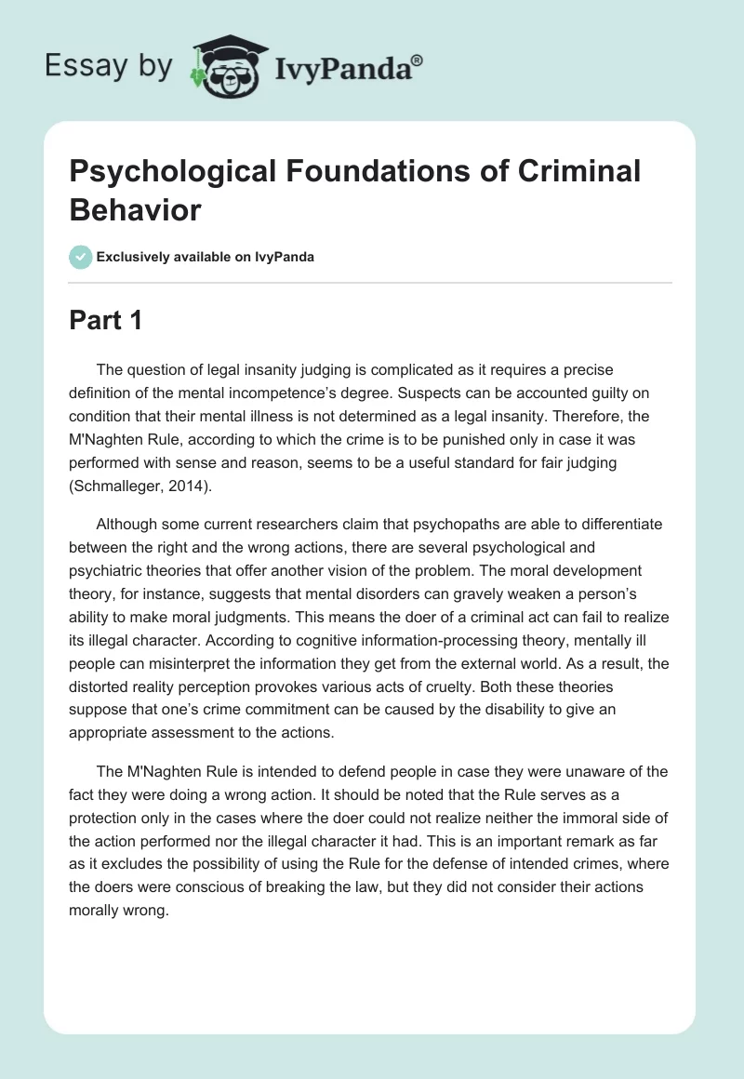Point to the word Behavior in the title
coord(135,210)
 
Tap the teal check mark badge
coord(81,257)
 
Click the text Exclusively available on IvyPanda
coord(206,257)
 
